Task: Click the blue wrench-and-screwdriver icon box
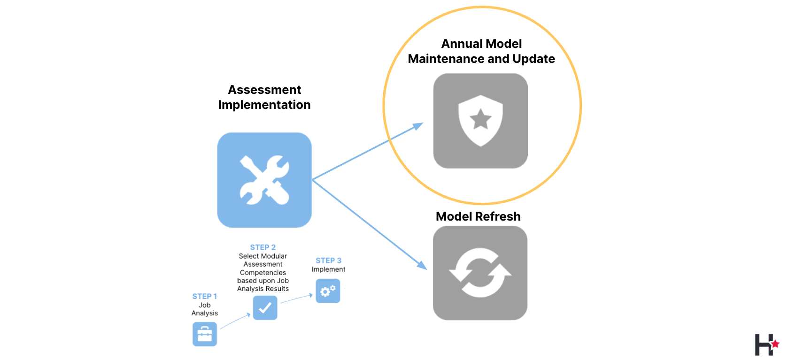[x=264, y=180]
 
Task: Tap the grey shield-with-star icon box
[x=480, y=121]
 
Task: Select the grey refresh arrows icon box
[x=480, y=273]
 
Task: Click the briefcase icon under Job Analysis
[x=205, y=334]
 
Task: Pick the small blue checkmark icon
[x=265, y=308]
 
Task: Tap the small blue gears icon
[x=328, y=291]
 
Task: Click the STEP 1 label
[x=205, y=296]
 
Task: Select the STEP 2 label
[x=263, y=247]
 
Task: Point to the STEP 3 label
[x=329, y=260]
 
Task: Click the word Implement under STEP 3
[x=328, y=269]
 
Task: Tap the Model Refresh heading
[x=478, y=216]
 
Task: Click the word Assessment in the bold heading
[x=264, y=90]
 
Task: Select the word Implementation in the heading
[x=264, y=105]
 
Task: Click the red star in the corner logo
[x=775, y=344]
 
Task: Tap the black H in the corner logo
[x=763, y=345]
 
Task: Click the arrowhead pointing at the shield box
[x=418, y=126]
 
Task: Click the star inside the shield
[x=480, y=119]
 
